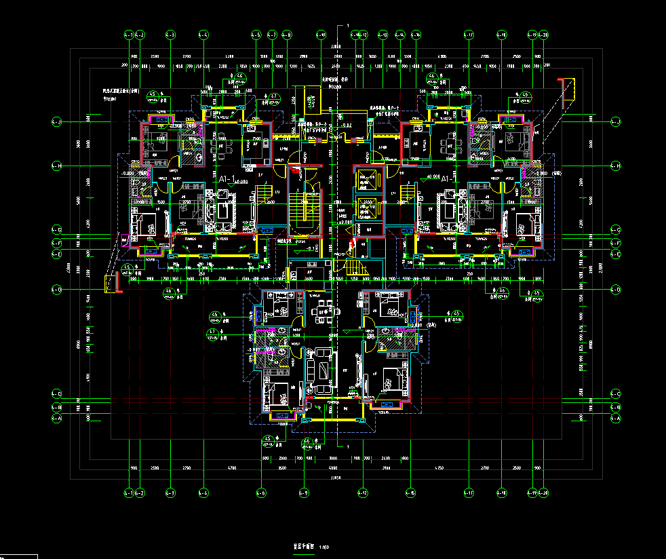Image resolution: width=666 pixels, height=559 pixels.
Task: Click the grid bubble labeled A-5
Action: (256, 34)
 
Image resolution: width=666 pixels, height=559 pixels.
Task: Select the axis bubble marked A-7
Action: (272, 34)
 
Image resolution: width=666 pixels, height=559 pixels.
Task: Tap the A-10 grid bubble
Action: (321, 34)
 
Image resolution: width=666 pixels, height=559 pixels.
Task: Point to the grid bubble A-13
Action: (383, 34)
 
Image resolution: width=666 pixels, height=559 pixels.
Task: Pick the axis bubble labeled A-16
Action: (416, 34)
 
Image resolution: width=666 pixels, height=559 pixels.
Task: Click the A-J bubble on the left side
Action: (57, 122)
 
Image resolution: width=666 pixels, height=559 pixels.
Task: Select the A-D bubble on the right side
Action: (615, 290)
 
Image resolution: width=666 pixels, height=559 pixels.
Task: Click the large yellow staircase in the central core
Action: (298, 216)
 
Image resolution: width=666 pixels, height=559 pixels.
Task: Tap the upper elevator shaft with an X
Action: (370, 182)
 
